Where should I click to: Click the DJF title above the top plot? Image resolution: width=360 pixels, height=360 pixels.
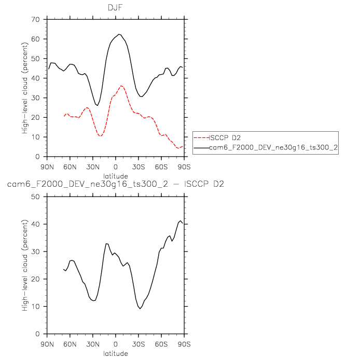click(115, 7)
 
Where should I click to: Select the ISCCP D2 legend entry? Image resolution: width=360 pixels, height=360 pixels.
click(223, 138)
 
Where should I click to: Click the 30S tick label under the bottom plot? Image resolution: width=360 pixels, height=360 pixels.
click(138, 343)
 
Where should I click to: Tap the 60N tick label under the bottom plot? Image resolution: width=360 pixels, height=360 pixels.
click(70, 343)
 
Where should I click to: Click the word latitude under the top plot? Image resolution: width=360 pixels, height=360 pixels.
click(115, 176)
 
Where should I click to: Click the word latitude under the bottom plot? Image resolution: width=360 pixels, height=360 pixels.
click(115, 354)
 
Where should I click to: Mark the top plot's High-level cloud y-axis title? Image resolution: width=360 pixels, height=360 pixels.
click(24, 88)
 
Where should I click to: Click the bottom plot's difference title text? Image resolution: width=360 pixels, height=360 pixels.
click(115, 185)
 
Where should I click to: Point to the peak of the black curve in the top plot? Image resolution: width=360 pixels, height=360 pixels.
click(119, 34)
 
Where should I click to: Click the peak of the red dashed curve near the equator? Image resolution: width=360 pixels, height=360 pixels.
click(121, 86)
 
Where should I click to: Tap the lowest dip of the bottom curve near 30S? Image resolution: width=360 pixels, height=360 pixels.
click(140, 309)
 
